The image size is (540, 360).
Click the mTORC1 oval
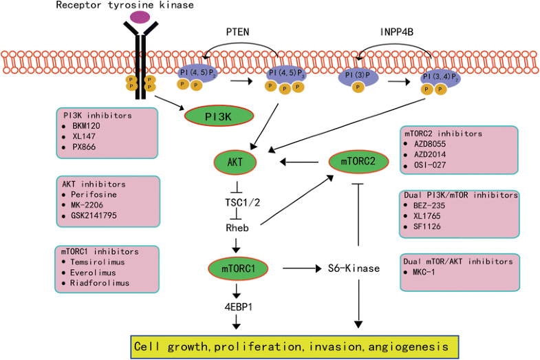[x=236, y=268]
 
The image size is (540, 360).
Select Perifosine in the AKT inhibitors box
[x=92, y=195]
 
